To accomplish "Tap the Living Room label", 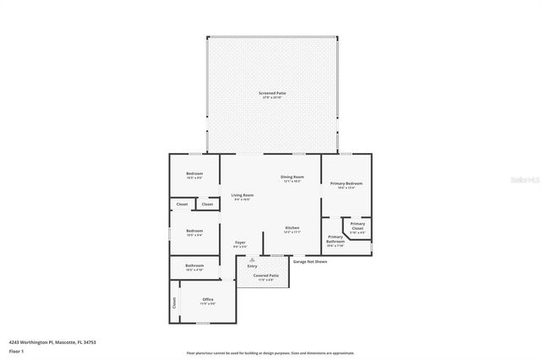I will [x=243, y=195].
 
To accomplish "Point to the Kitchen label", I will [x=292, y=228].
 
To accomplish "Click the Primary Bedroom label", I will [x=347, y=183].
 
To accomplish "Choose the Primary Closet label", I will [x=358, y=226].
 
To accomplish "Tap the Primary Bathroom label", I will [x=336, y=239].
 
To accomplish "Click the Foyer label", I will [x=240, y=243].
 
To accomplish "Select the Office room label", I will [x=207, y=299].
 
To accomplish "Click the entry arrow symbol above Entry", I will [x=252, y=259].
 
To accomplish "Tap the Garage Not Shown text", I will [x=309, y=261].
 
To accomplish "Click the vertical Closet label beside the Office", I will [x=175, y=301].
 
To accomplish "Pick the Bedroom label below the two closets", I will [x=194, y=231].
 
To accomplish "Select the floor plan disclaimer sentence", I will [x=270, y=353].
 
